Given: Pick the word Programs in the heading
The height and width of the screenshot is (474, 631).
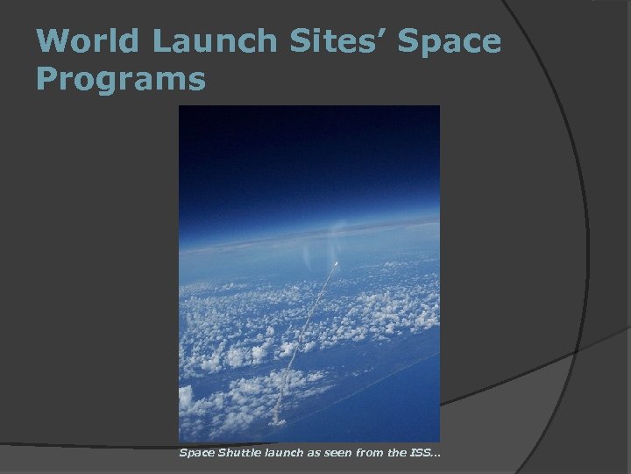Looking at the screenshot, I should [x=122, y=81].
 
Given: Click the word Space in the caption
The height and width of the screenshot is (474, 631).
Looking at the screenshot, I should [x=195, y=453].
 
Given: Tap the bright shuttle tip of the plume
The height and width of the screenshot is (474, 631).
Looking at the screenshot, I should [x=336, y=262].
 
